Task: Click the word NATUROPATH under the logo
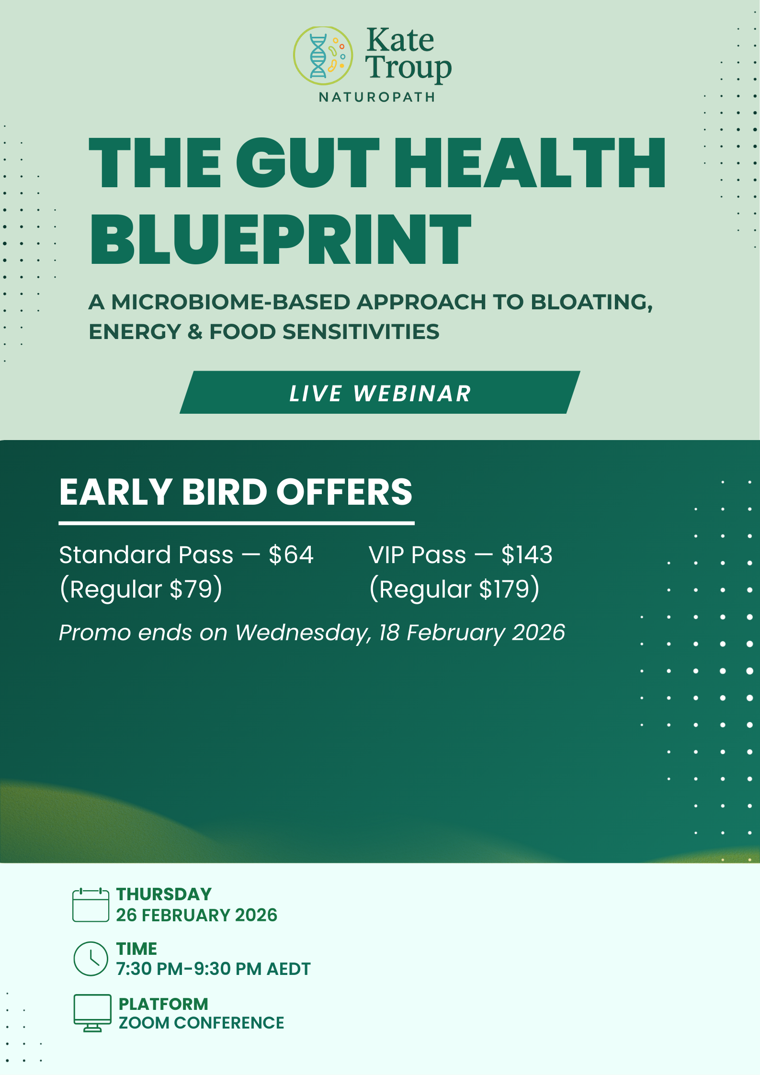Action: (377, 97)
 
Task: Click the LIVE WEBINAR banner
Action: (380, 393)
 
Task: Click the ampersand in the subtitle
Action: (195, 332)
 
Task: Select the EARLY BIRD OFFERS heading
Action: (236, 492)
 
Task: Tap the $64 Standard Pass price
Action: (291, 555)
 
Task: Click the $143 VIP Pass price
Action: (527, 555)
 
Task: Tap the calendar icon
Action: (91, 905)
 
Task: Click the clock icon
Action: (91, 959)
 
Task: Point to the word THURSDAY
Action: (164, 894)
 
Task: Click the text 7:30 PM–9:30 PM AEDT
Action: (213, 969)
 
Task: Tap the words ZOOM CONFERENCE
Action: (201, 1023)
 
